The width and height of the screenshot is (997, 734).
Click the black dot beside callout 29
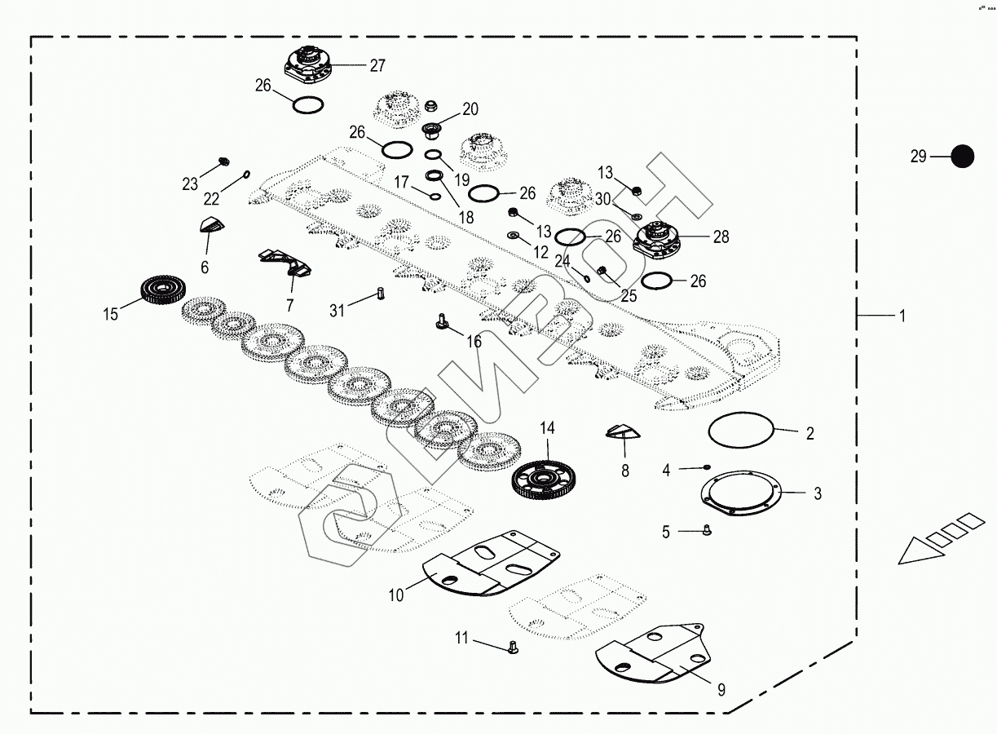[x=963, y=156]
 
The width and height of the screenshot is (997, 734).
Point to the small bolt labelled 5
[x=706, y=531]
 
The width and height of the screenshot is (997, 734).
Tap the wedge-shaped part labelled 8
[x=624, y=431]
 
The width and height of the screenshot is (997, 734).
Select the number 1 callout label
[x=902, y=316]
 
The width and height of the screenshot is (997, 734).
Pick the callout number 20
[x=470, y=109]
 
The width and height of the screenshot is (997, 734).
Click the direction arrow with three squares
[x=937, y=538]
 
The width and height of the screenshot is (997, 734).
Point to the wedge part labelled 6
[x=211, y=226]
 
